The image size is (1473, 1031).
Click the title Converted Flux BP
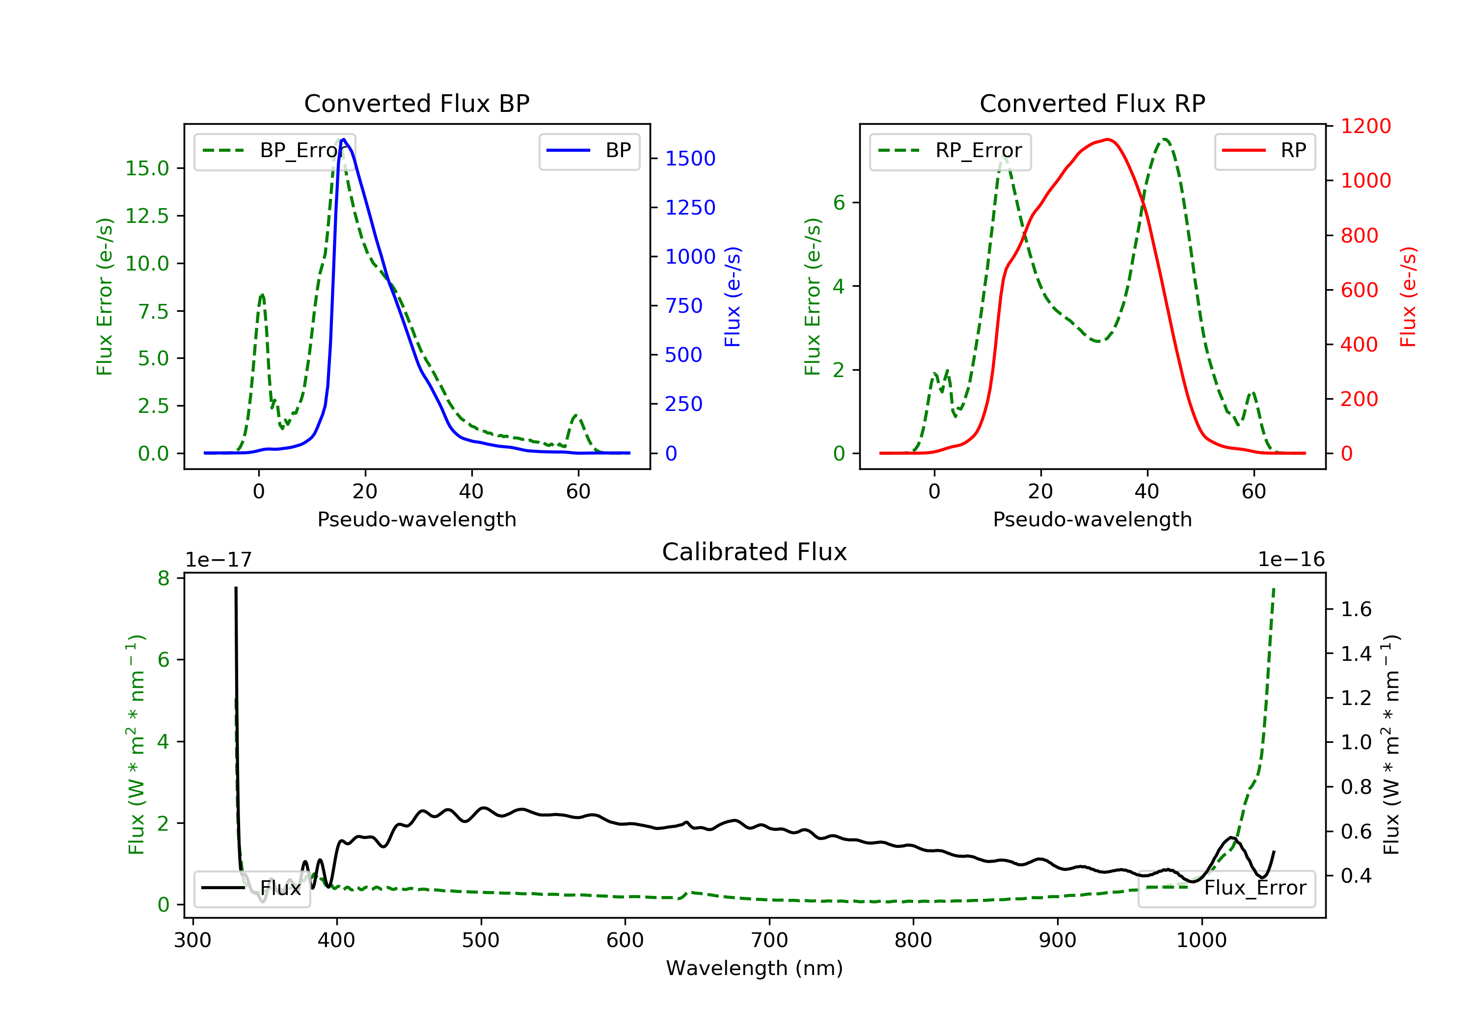coord(416,103)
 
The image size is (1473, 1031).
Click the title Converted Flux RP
coord(1092,103)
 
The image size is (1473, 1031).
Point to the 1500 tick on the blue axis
coord(690,159)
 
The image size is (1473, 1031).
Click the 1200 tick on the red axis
coord(1366,126)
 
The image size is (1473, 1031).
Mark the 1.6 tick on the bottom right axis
coord(1356,609)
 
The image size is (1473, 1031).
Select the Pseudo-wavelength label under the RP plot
coord(1092,519)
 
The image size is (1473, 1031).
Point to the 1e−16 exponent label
coord(1291,560)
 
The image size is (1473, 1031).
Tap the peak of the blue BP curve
coord(344,139)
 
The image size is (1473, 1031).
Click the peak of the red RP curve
coord(1108,139)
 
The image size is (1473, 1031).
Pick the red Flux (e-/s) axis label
coord(1408,297)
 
